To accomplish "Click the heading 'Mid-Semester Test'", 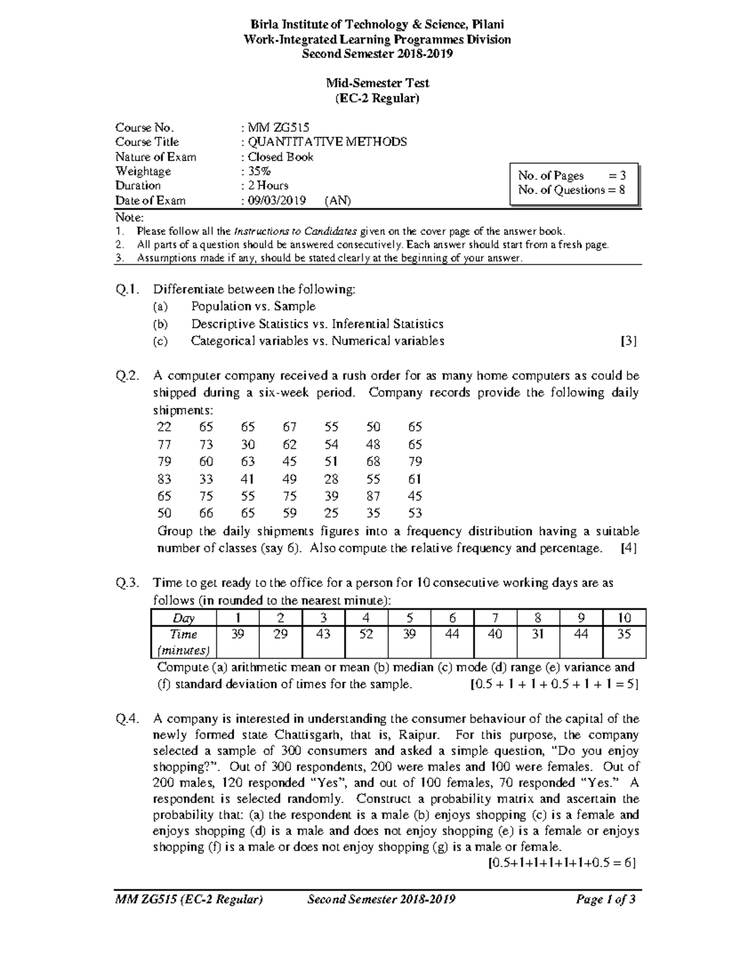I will coord(377,83).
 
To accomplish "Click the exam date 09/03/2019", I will coord(277,201).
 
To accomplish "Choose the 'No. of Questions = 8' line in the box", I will coord(571,190).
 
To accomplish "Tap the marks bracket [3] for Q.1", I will coord(628,341).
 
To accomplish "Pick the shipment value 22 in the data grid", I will coord(164,427).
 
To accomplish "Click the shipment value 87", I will coord(373,496).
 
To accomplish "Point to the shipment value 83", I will coord(164,479).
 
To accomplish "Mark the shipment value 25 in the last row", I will coord(331,513).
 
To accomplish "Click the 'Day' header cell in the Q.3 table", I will coord(183,618).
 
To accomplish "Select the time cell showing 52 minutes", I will coord(366,635).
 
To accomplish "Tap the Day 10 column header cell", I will coord(624,618).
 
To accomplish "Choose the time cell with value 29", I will coord(280,635).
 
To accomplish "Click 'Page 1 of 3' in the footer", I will coord(605,900).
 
